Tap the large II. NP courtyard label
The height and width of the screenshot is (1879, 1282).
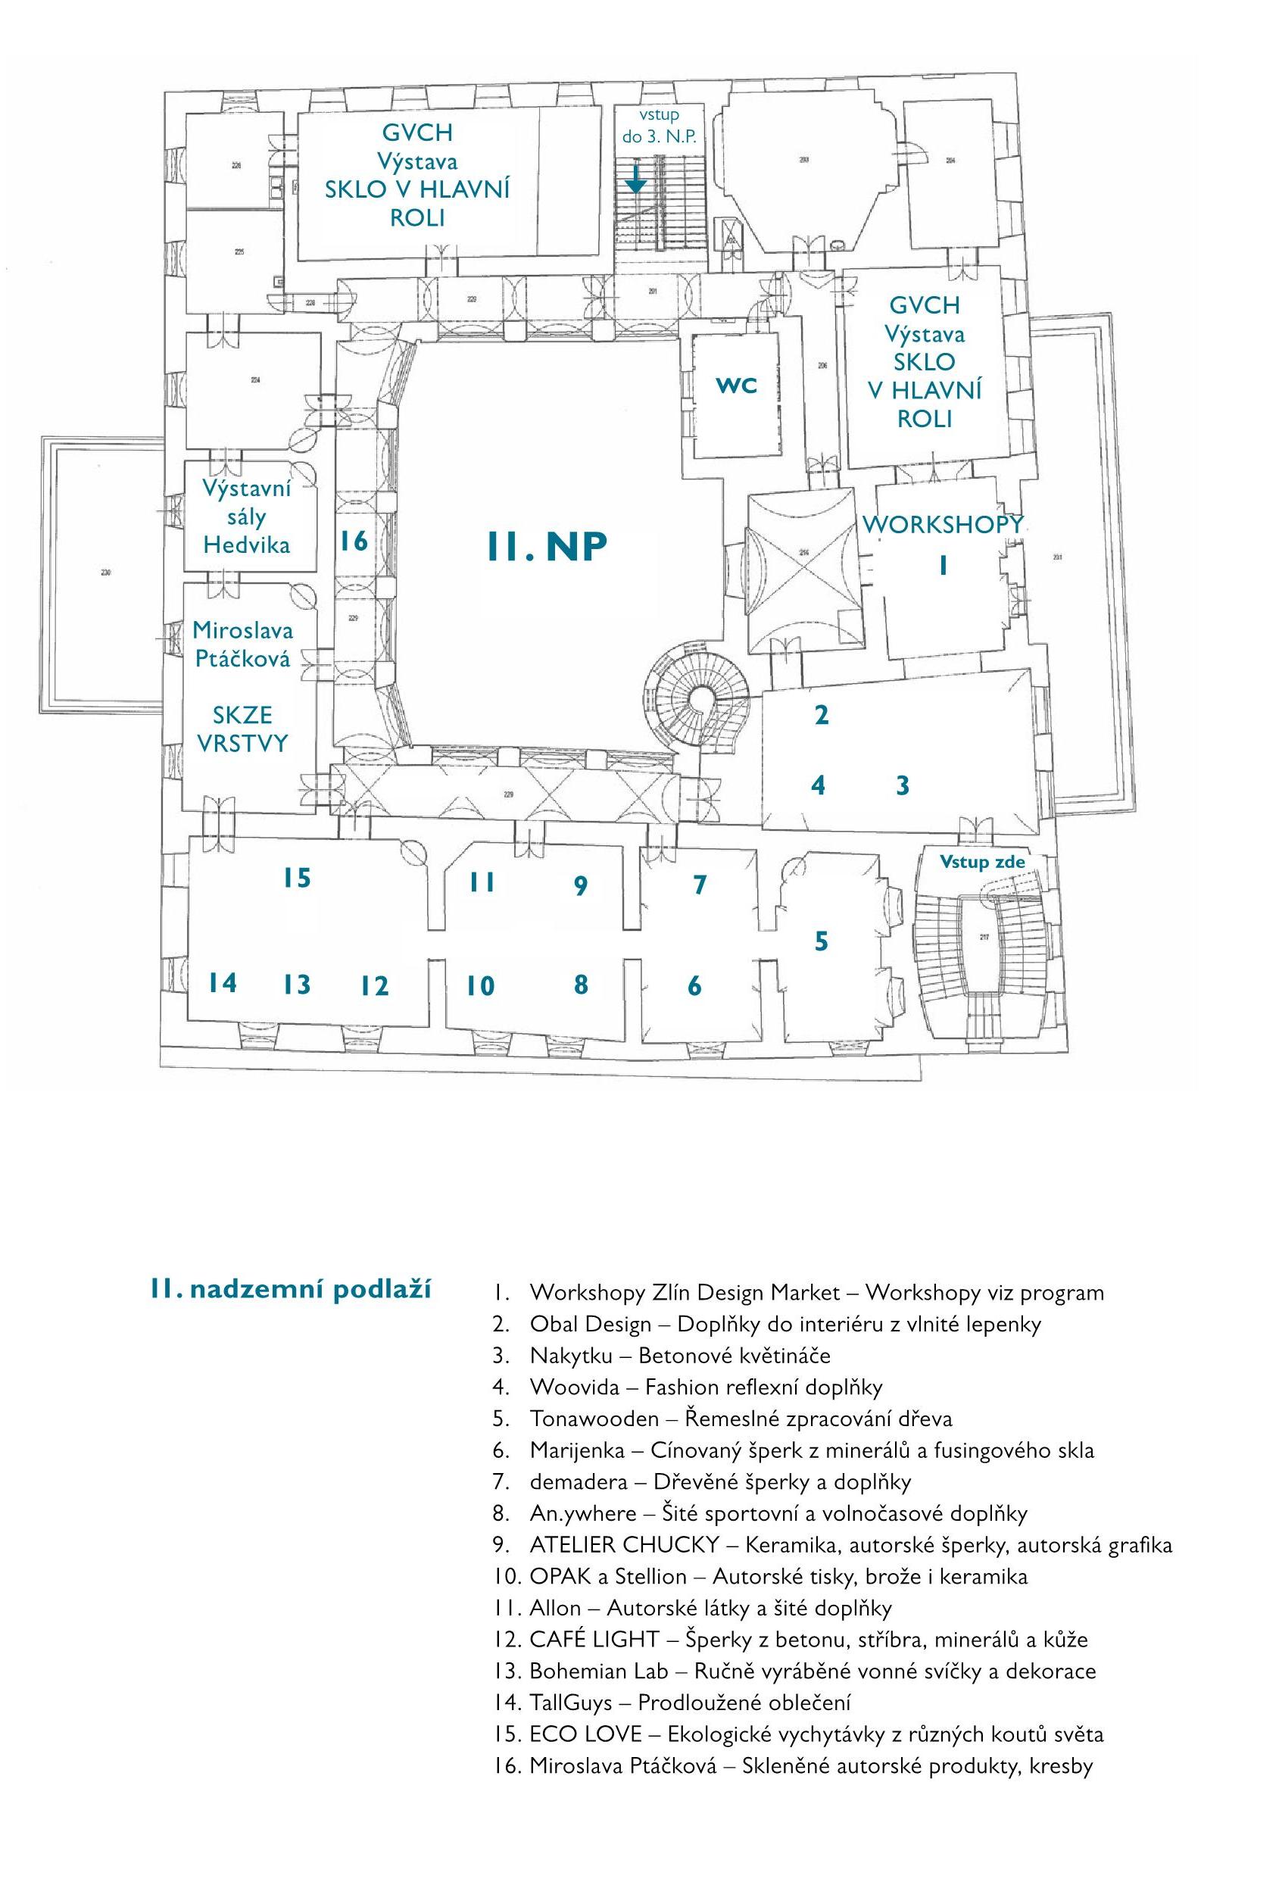pos(546,548)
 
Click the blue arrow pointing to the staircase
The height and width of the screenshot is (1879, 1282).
pos(636,179)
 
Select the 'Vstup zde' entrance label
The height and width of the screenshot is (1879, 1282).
pos(981,862)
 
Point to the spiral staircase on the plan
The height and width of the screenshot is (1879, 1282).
pos(696,698)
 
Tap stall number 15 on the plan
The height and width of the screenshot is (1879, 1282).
pos(297,877)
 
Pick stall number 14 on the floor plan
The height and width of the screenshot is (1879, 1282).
pos(223,982)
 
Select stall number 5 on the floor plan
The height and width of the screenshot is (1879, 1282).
pos(822,941)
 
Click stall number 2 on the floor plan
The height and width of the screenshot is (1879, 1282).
pos(822,715)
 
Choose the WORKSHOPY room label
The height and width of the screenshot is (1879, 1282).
pos(942,524)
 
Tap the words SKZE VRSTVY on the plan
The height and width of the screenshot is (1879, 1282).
pos(242,729)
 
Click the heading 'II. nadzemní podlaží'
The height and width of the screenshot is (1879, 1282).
pos(289,1288)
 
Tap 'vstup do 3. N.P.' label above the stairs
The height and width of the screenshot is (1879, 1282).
pos(658,125)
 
